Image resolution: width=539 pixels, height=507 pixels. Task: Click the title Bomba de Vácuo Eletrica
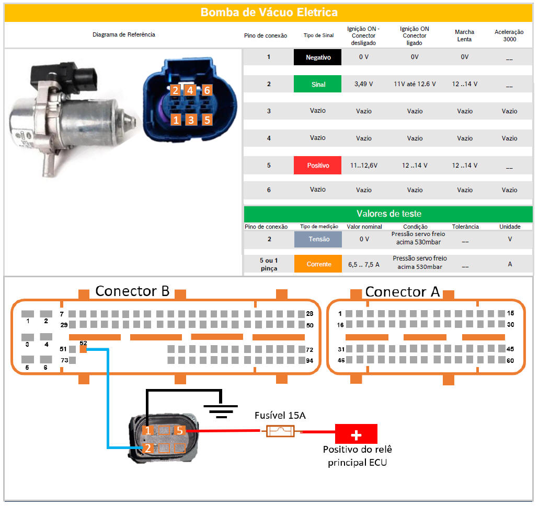(269, 12)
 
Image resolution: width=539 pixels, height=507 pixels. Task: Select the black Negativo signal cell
(317, 57)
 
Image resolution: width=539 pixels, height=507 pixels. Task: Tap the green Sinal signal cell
(317, 84)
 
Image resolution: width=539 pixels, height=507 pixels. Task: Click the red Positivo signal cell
(317, 166)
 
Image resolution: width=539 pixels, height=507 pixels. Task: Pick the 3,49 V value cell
(363, 84)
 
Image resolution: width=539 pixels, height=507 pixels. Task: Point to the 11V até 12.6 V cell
(415, 84)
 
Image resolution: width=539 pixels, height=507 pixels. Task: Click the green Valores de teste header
(388, 214)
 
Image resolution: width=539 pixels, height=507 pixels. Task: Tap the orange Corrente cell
(318, 264)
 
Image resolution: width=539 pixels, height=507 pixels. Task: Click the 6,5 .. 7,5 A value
(364, 265)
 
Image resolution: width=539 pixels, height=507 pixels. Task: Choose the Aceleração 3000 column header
(509, 36)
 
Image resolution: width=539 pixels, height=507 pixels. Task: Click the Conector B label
(132, 291)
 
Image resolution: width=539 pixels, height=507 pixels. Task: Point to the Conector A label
(403, 291)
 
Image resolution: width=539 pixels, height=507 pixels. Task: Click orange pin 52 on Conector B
(83, 349)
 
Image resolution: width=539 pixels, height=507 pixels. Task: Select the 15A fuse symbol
(281, 431)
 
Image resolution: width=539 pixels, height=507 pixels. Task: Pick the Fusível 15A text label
(280, 416)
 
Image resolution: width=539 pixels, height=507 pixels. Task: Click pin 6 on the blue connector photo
(207, 90)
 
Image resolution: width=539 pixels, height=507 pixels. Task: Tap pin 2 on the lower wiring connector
(148, 447)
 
